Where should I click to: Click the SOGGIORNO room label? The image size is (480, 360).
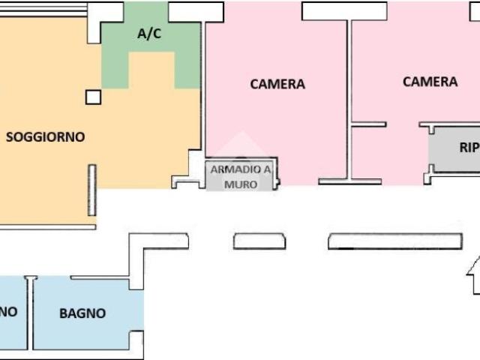click(45, 137)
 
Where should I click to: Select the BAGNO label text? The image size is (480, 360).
click(82, 313)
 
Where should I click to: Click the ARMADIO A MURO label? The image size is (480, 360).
click(240, 175)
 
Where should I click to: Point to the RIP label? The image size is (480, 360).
click(468, 147)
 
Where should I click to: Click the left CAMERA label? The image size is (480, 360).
click(277, 84)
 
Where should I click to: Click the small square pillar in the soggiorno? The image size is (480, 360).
click(93, 97)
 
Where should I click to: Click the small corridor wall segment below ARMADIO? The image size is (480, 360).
click(259, 241)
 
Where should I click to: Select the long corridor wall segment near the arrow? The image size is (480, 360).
click(394, 241)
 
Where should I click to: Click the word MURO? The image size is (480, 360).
click(240, 182)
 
